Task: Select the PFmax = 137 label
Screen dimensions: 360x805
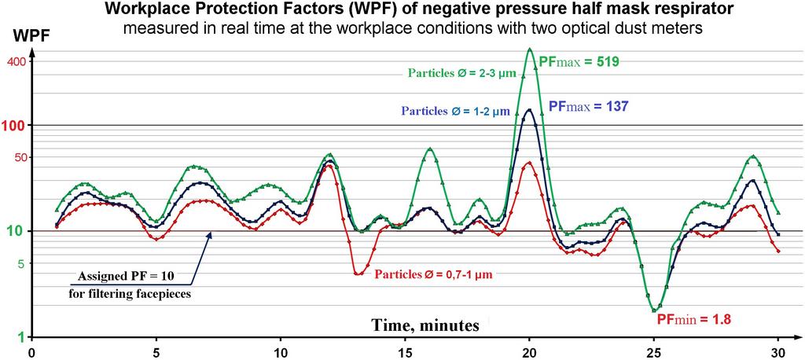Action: pyautogui.click(x=587, y=105)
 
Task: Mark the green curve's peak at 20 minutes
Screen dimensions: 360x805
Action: pyautogui.click(x=530, y=49)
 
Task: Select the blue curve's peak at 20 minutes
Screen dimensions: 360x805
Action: pyautogui.click(x=529, y=110)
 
